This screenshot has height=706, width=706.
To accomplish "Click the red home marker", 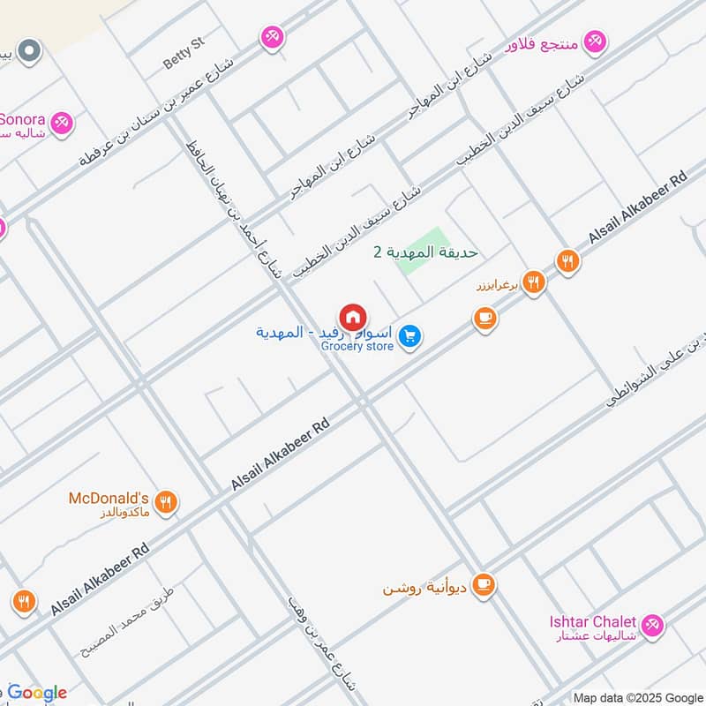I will [x=353, y=318].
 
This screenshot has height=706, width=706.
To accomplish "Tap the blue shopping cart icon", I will [x=409, y=336].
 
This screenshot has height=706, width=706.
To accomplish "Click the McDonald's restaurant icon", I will [x=165, y=503].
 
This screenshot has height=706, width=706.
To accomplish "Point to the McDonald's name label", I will [x=109, y=498].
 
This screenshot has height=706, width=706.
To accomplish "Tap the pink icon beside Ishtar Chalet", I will [x=652, y=625].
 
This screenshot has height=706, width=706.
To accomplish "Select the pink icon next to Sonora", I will [x=61, y=123].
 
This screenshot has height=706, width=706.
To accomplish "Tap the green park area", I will [x=422, y=252].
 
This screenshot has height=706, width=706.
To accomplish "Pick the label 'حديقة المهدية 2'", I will [x=425, y=252].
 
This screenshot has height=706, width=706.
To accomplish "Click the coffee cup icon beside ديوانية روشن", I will [x=483, y=584].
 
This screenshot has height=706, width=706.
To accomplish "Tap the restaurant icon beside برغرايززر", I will [x=532, y=282].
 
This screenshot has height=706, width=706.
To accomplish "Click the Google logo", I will [x=37, y=693].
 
